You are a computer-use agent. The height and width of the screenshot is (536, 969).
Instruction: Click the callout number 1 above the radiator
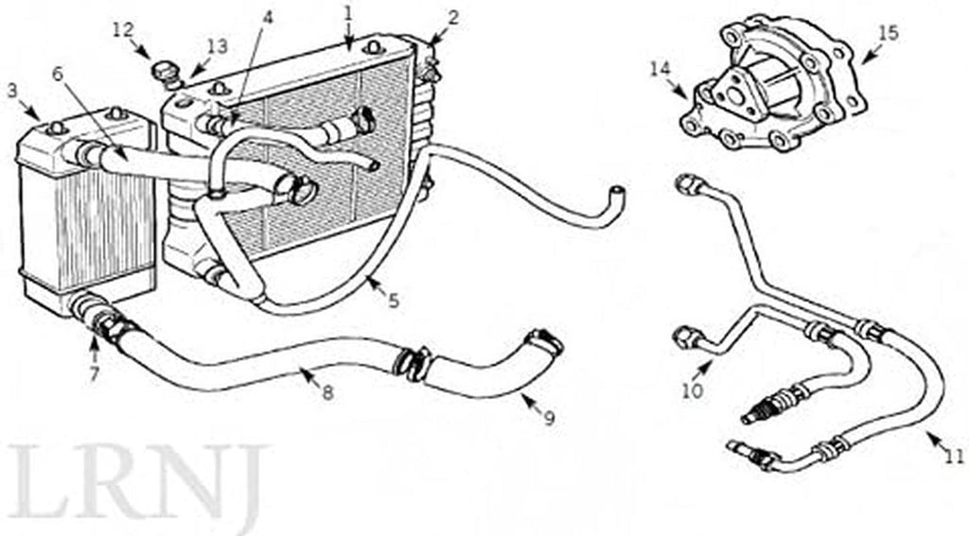pos(348,12)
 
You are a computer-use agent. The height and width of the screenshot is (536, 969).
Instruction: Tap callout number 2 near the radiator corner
pos(453,18)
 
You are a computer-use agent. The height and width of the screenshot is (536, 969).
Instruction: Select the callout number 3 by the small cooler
pos(12,91)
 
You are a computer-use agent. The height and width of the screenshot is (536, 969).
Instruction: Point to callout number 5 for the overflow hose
pos(394,301)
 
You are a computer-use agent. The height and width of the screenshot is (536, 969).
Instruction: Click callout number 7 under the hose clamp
pos(94,374)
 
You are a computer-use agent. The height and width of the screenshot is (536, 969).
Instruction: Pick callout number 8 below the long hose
pos(327,392)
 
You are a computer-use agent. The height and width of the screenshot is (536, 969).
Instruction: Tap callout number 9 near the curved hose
pos(549,418)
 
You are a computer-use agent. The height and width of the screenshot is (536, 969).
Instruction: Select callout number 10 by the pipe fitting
pos(693,390)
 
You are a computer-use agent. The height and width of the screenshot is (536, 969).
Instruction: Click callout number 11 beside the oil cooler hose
pos(955,457)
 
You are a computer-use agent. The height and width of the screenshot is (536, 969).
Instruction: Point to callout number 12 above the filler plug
pos(122,29)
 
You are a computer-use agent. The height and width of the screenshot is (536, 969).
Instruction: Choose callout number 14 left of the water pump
pos(660,69)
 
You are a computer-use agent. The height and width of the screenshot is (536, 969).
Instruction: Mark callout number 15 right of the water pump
pos(888,33)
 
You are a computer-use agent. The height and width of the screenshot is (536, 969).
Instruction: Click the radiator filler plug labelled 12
pos(165,74)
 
